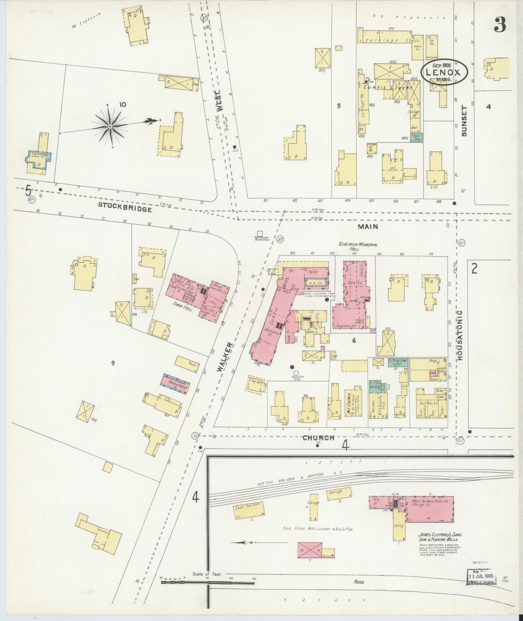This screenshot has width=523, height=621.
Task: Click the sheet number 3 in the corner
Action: [500, 25]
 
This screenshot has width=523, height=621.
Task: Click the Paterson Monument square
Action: [260, 233]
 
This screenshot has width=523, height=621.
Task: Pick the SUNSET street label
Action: [464, 121]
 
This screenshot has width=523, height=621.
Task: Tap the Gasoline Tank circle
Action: [295, 373]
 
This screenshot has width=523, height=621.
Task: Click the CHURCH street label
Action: [318, 438]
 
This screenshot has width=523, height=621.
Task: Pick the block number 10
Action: [122, 105]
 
